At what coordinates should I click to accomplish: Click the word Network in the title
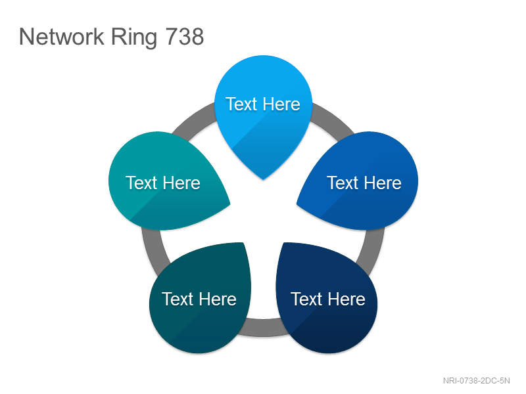[61, 37]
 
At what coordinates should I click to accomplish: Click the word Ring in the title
[134, 37]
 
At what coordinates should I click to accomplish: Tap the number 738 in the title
[185, 37]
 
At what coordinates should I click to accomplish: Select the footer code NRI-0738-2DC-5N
[476, 381]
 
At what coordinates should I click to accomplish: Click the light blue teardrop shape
[264, 114]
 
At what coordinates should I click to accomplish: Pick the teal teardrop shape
[166, 181]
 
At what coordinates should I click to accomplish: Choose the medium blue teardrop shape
[360, 181]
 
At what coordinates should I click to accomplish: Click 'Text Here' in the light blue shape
[263, 104]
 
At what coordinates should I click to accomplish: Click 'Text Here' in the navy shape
[327, 299]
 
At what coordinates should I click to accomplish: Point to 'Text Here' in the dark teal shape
[199, 299]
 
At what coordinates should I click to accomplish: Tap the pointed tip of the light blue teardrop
[264, 179]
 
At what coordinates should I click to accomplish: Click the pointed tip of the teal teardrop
[230, 204]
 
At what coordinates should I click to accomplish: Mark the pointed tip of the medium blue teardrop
[297, 204]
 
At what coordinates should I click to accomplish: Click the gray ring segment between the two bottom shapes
[264, 327]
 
